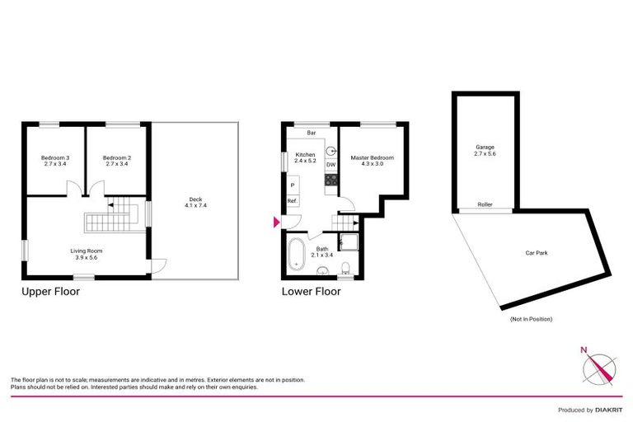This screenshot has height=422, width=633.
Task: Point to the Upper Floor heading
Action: [50, 291]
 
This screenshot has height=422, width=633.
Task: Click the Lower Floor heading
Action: [311, 291]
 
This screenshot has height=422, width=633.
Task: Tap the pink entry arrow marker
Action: [276, 222]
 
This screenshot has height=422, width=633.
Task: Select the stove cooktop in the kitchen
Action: [330, 178]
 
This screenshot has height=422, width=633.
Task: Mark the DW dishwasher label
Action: [331, 165]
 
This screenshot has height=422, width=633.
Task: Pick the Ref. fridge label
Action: [291, 201]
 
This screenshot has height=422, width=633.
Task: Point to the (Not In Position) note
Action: [531, 318]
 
